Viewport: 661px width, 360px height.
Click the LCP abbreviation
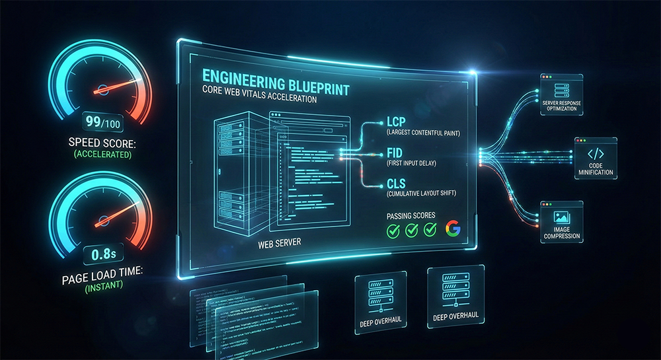(395, 122)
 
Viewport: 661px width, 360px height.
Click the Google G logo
(453, 229)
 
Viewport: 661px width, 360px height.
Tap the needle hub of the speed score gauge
(102, 90)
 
